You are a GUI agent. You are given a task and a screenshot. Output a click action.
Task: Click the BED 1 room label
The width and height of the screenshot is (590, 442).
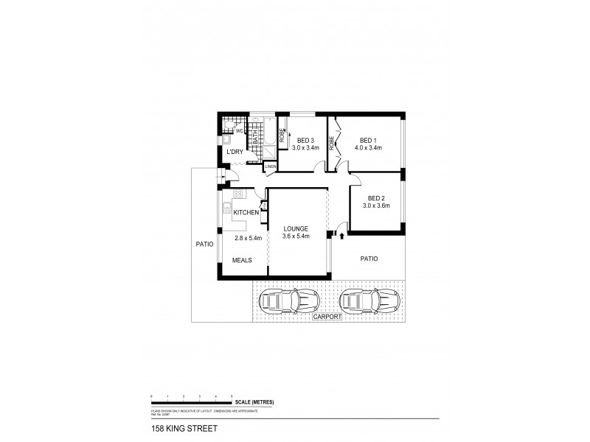click(x=369, y=140)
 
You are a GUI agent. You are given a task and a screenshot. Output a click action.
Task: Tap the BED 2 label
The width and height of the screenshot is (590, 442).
click(x=377, y=197)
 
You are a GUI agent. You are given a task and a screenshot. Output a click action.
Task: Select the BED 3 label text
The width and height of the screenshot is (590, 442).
click(x=305, y=140)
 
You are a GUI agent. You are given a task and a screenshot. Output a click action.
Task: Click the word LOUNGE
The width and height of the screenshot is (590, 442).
click(x=296, y=228)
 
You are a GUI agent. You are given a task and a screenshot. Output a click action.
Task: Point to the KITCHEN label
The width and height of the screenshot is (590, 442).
click(x=245, y=213)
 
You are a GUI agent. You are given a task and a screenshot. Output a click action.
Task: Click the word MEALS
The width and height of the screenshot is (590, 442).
click(x=243, y=260)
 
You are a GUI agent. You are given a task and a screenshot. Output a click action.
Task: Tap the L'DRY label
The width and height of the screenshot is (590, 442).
click(x=235, y=152)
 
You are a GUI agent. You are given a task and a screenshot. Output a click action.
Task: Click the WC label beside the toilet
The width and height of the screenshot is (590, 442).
click(x=240, y=130)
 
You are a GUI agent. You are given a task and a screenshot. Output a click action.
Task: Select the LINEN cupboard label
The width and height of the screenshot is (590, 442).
click(x=270, y=166)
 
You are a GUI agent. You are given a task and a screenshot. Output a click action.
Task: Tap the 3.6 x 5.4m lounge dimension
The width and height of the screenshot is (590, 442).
click(x=296, y=237)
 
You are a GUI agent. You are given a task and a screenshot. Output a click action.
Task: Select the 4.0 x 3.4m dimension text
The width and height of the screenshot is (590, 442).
click(x=369, y=149)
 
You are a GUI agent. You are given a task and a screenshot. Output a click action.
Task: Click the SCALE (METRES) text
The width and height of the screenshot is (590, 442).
click(x=255, y=401)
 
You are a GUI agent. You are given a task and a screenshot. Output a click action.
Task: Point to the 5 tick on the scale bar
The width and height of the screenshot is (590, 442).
click(x=232, y=397)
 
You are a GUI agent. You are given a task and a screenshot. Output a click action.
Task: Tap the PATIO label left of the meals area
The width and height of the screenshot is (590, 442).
click(x=204, y=244)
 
